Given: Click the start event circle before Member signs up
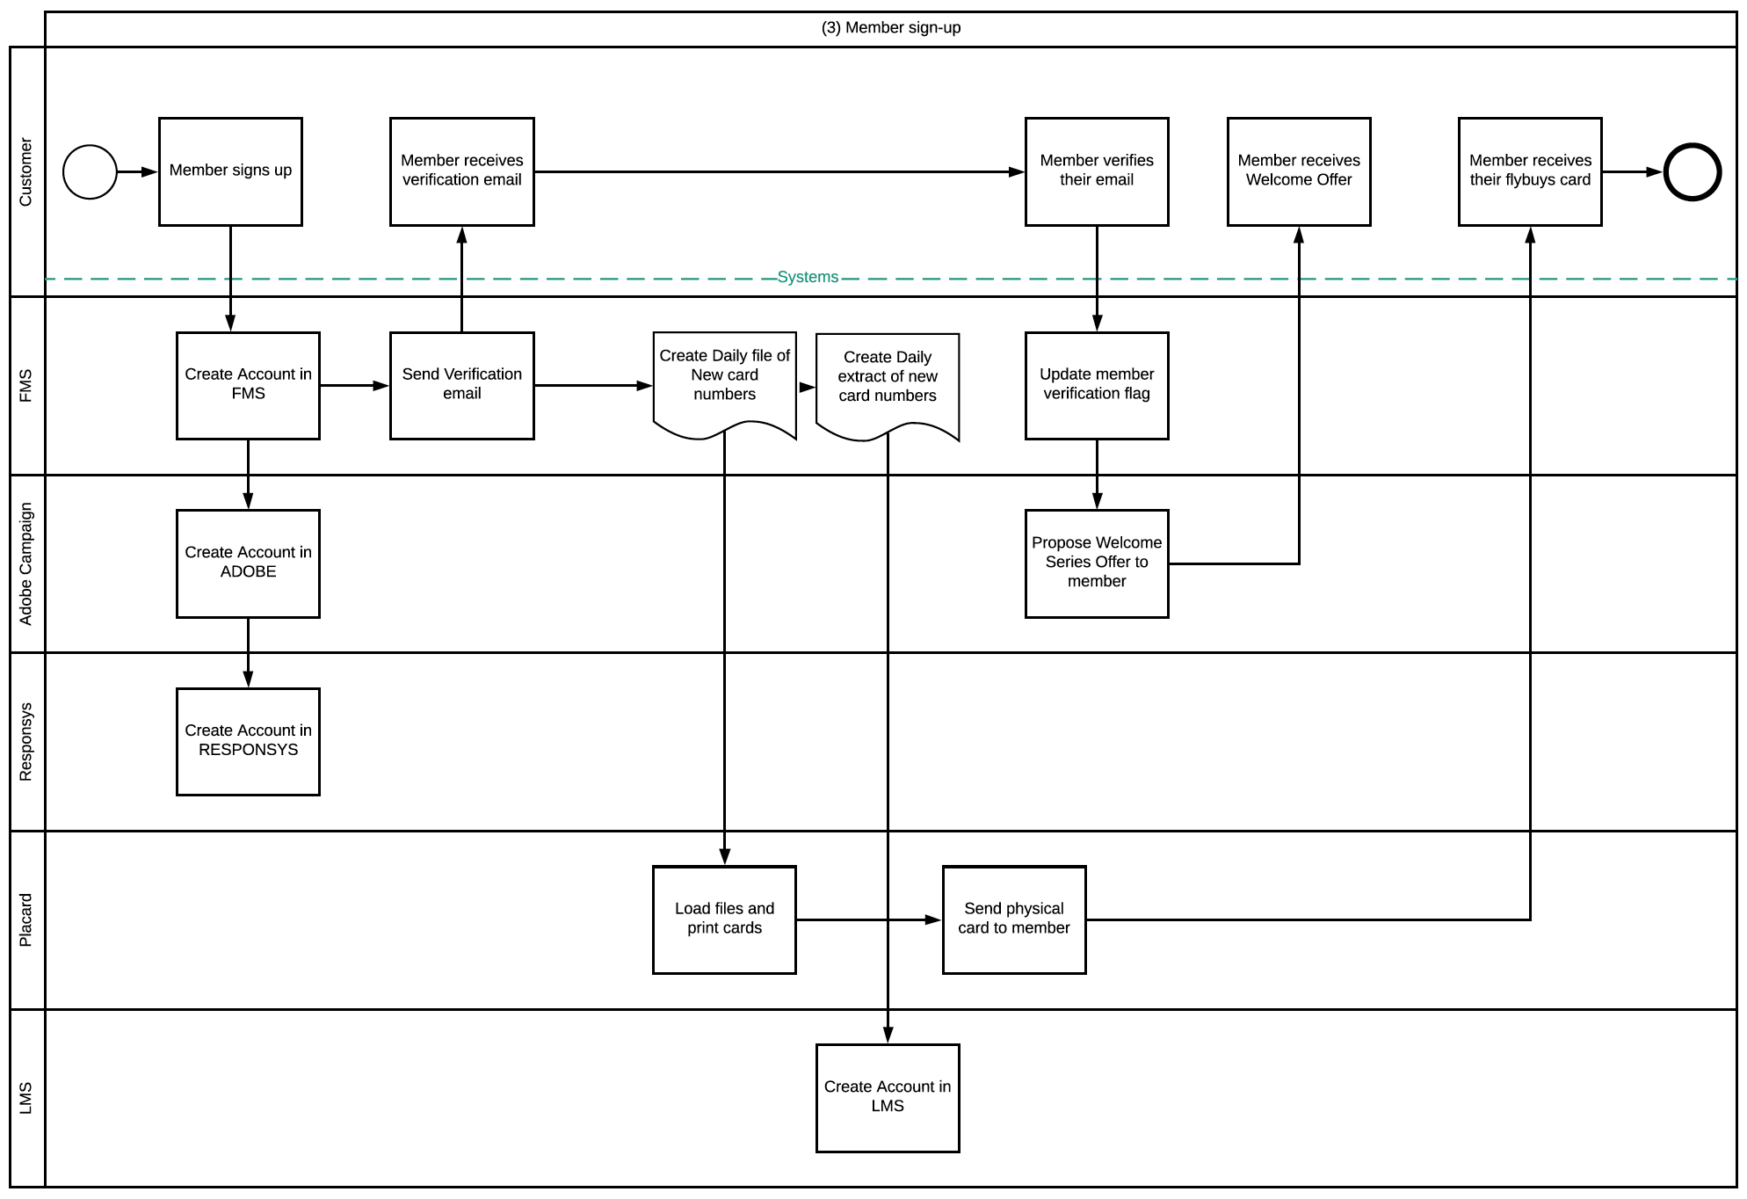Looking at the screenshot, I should (x=90, y=172).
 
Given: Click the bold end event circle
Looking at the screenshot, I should (x=1692, y=172).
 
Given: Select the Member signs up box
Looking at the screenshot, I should (x=230, y=171).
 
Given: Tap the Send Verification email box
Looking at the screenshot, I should (x=461, y=385).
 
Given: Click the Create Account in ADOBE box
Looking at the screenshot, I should (x=248, y=563).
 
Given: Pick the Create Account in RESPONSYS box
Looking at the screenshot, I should (x=248, y=742).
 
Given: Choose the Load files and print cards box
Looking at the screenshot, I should (x=724, y=919).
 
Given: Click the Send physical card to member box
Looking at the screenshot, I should (x=1013, y=919).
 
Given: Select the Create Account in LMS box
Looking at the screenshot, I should (x=888, y=1098).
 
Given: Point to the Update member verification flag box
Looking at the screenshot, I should (x=1097, y=385).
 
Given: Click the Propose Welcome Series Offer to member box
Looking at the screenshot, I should (x=1097, y=563).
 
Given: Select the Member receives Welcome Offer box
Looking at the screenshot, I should (x=1299, y=171).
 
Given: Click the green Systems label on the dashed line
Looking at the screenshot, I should (x=808, y=277).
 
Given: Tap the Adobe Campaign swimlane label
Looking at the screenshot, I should (x=26, y=563).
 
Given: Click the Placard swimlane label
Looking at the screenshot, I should (x=26, y=919).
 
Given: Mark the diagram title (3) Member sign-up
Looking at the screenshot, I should (x=890, y=28).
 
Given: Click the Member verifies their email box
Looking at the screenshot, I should (x=1097, y=171).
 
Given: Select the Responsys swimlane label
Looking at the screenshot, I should (x=26, y=742).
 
